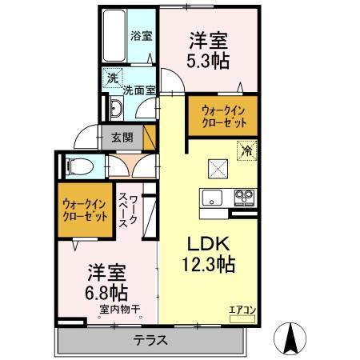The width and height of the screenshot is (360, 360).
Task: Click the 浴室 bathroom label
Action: [142, 36]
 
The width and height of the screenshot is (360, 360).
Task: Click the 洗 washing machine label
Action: [114, 79]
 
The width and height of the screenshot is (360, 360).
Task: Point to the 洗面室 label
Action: [138, 90]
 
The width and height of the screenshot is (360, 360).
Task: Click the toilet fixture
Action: [78, 166]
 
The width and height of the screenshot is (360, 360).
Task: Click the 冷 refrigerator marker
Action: [247, 149]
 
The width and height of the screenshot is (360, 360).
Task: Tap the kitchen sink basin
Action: [214, 197]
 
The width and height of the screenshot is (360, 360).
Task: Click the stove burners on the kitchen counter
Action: [243, 197]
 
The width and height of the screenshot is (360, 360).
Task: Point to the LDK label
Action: [209, 242]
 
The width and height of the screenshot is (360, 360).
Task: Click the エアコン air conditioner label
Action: [242, 307]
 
